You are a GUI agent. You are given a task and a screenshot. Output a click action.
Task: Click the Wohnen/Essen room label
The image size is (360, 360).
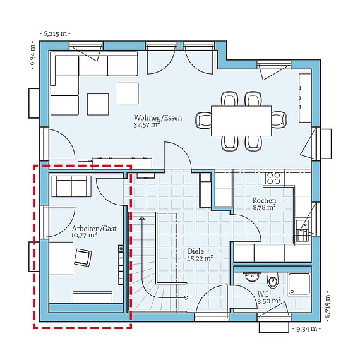tap(158, 117)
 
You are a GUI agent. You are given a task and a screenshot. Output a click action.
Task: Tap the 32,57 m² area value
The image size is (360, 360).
tap(147, 124)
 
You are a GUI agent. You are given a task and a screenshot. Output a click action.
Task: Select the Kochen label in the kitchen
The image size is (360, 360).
tap(264, 200)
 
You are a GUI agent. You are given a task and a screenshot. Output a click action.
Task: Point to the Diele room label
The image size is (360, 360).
tap(196, 251)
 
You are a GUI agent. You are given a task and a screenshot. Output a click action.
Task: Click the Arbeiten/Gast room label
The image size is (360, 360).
tap(94, 229)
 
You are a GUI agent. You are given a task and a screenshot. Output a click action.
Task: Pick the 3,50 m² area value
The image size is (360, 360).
tap(269, 301)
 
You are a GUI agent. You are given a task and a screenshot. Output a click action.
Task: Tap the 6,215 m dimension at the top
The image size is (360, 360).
tap(55, 33)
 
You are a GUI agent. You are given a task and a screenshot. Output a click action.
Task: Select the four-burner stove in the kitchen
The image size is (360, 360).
tap(273, 178)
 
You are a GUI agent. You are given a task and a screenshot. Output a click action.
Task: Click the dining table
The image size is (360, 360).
tap(241, 121)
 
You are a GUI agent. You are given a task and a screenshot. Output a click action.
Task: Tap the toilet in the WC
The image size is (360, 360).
tap(272, 280)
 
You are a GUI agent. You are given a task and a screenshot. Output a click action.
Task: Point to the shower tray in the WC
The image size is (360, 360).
tap(299, 284)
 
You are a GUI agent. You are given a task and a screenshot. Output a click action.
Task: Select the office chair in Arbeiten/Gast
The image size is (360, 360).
tap(83, 258)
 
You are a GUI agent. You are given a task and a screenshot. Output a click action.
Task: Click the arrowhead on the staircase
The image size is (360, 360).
tap(142, 218)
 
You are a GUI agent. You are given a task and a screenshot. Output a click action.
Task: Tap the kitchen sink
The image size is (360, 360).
tap(302, 225)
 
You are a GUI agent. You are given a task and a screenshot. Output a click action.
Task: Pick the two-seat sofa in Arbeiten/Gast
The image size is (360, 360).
tap(71, 186)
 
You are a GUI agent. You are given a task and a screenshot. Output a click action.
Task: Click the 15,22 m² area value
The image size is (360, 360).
tap(200, 258)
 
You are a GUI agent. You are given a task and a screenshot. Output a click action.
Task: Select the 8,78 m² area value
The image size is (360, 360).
tap(264, 207)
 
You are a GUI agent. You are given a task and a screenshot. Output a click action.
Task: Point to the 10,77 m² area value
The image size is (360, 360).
tap(84, 235)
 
